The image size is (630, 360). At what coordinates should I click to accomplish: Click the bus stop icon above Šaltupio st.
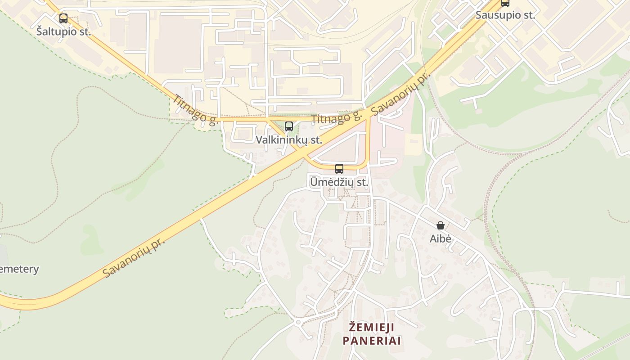coord(63,18)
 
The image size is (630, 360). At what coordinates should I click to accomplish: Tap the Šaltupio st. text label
coord(63,32)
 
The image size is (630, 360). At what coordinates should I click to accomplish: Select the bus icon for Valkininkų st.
coord(289,126)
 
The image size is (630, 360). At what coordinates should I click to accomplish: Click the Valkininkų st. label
coord(289,140)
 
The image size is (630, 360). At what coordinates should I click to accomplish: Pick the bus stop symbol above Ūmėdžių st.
coord(339,169)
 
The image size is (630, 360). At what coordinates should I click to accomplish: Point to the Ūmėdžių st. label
coord(339,183)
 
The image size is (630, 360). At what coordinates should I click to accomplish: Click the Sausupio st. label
coord(505,15)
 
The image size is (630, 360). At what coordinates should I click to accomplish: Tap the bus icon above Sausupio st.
coord(505,3)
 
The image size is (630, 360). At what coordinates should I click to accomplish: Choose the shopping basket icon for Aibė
coord(441,225)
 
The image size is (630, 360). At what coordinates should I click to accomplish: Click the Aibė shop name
coord(440,238)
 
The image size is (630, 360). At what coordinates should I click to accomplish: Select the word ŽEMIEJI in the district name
coord(371,326)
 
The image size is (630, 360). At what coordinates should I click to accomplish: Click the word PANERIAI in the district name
coord(371,340)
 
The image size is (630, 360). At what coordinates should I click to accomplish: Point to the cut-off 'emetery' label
coord(19,269)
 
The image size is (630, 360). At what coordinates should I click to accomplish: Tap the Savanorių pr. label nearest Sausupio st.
coord(400,92)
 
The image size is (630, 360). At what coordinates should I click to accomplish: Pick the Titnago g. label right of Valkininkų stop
coord(337,118)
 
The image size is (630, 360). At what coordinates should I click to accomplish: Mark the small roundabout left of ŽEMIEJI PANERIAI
coord(297,322)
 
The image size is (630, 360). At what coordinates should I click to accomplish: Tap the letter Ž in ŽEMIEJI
coord(353,326)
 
